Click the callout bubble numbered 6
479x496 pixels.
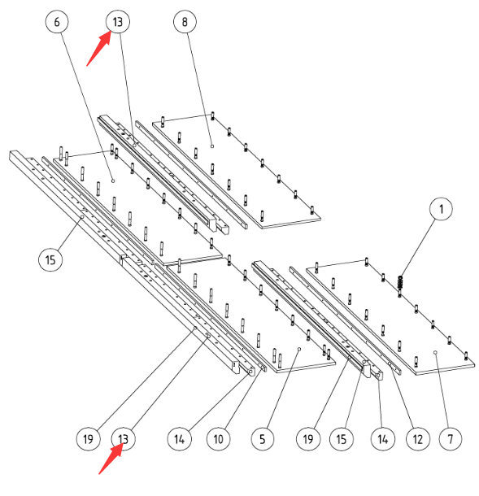[57, 22]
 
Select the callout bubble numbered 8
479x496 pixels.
[185, 22]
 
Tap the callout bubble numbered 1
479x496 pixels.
[442, 209]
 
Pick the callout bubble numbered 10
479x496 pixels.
[218, 439]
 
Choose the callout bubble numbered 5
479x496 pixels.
[263, 439]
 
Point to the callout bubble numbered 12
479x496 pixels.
[418, 439]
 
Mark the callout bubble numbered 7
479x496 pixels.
[451, 439]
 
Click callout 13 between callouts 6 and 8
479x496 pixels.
[117, 22]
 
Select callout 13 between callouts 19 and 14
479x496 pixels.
[124, 439]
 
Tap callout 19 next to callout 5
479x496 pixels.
[308, 439]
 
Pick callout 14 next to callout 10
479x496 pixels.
[179, 439]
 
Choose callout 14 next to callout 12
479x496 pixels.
[383, 439]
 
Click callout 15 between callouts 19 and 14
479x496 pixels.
[341, 439]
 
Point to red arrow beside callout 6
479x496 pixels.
[98, 49]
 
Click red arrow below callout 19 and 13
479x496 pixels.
[111, 458]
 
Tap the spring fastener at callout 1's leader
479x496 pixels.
[400, 282]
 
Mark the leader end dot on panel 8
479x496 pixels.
[212, 146]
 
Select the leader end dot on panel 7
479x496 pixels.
[435, 352]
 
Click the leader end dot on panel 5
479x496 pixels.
[299, 349]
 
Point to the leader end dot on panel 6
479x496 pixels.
[113, 181]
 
